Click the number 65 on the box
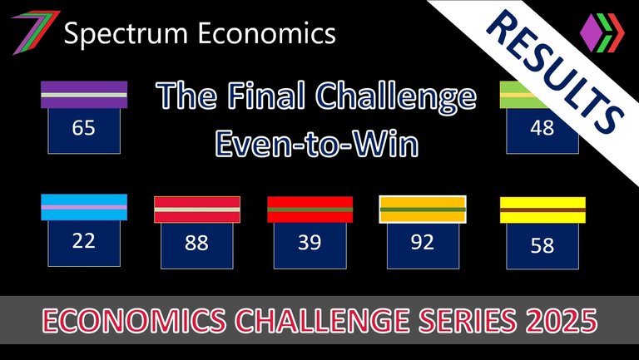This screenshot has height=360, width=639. tap(83, 128)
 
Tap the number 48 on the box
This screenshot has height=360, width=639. tap(542, 128)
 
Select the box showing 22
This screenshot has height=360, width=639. tap(84, 244)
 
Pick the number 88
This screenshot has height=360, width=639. tap(196, 243)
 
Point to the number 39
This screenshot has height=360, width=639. tap(310, 243)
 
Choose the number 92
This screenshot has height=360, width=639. tap(422, 242)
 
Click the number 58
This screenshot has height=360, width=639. tap(542, 245)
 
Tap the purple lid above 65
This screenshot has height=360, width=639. tap(84, 95)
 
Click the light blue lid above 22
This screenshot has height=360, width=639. tap(84, 207)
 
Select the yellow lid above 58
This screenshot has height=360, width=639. tap(542, 210)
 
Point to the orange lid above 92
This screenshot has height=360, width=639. tap(423, 210)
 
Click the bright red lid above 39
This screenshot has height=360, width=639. tap(310, 210)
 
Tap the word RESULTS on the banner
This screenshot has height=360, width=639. tap(555, 72)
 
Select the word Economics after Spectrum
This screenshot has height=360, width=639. tap(267, 32)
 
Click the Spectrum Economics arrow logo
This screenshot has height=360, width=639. tap(36, 32)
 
